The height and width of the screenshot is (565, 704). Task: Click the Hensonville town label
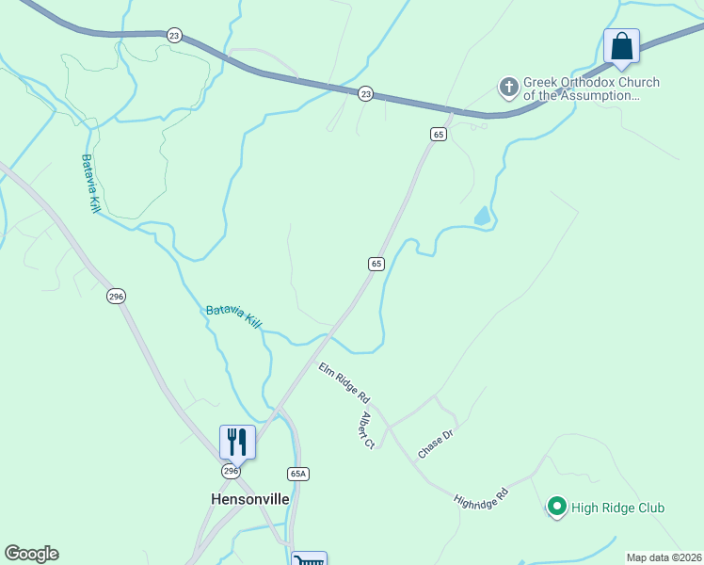coord(249,498)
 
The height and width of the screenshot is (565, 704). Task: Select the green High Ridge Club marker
coord(556,508)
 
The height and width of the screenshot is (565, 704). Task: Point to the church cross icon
coord(509,89)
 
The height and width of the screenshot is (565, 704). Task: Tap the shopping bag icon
coord(621,46)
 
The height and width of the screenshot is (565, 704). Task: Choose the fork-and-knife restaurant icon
coord(237,442)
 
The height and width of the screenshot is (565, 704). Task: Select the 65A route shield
coord(298,474)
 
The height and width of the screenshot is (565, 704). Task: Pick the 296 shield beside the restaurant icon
coord(231,470)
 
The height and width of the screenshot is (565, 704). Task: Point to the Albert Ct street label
coord(368,429)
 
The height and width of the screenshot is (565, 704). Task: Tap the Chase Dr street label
coord(435,444)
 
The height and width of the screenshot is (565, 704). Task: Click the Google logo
coord(31,554)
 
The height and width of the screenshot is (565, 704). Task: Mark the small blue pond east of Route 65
coord(483,217)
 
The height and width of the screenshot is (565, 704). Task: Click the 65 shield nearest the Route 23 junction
coord(438,135)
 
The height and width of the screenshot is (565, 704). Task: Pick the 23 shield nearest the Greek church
coord(366,93)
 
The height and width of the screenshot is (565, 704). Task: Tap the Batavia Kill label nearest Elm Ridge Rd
coord(233,315)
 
